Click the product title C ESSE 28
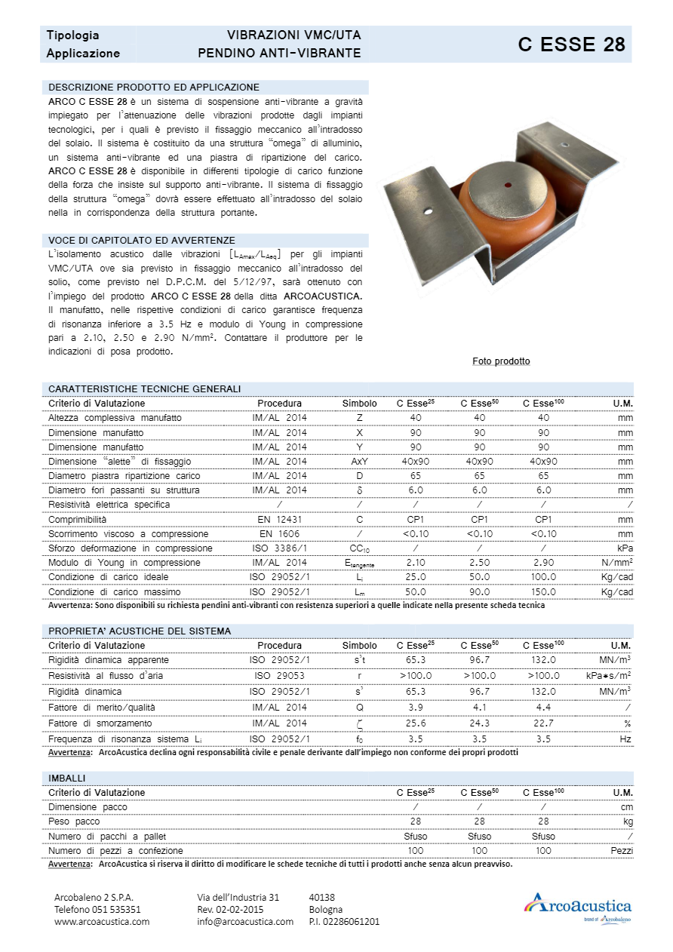point(571,45)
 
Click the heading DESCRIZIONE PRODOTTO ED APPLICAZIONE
point(153,87)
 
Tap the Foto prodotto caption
point(501,361)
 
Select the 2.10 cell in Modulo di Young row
point(416,563)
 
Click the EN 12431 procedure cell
point(279,520)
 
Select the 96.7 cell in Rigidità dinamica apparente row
point(479,660)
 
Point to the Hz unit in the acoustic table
point(625,739)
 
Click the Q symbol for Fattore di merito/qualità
point(359,708)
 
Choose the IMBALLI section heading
point(66,778)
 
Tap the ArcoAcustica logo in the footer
point(578,905)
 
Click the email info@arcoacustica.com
point(245,921)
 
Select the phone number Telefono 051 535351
point(97,909)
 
